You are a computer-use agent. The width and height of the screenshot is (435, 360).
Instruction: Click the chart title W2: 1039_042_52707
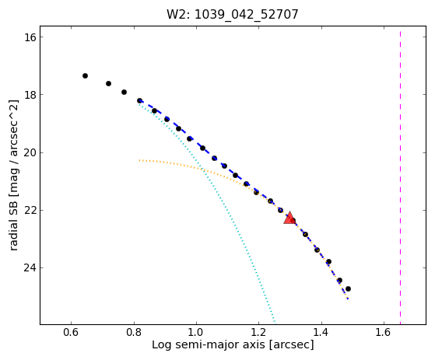tap(232, 15)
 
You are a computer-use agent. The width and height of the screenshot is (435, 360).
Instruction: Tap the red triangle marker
tap(289, 218)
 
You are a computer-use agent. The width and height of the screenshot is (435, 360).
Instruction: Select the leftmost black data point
tap(85, 75)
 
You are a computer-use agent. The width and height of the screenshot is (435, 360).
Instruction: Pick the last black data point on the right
tap(348, 288)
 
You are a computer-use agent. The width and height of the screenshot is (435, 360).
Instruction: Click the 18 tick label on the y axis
tap(30, 95)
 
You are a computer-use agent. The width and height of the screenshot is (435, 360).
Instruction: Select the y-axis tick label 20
tap(30, 152)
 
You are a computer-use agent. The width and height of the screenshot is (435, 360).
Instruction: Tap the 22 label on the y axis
tap(30, 211)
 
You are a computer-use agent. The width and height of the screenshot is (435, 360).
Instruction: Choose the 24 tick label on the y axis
tap(30, 268)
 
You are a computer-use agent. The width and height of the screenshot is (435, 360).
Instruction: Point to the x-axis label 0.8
tap(134, 332)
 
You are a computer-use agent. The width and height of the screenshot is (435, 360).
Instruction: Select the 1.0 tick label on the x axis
tap(196, 332)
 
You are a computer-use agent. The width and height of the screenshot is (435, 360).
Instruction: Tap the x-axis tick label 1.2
tap(259, 332)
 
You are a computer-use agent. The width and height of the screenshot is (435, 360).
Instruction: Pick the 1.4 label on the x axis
tap(321, 332)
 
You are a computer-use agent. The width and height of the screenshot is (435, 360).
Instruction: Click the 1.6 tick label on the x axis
tap(384, 332)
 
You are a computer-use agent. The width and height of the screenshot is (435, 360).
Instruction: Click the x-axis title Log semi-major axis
tap(209, 345)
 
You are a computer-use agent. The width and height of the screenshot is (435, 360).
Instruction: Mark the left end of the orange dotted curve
tap(139, 160)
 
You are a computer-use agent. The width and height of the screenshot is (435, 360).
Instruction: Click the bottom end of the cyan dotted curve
tap(275, 323)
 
